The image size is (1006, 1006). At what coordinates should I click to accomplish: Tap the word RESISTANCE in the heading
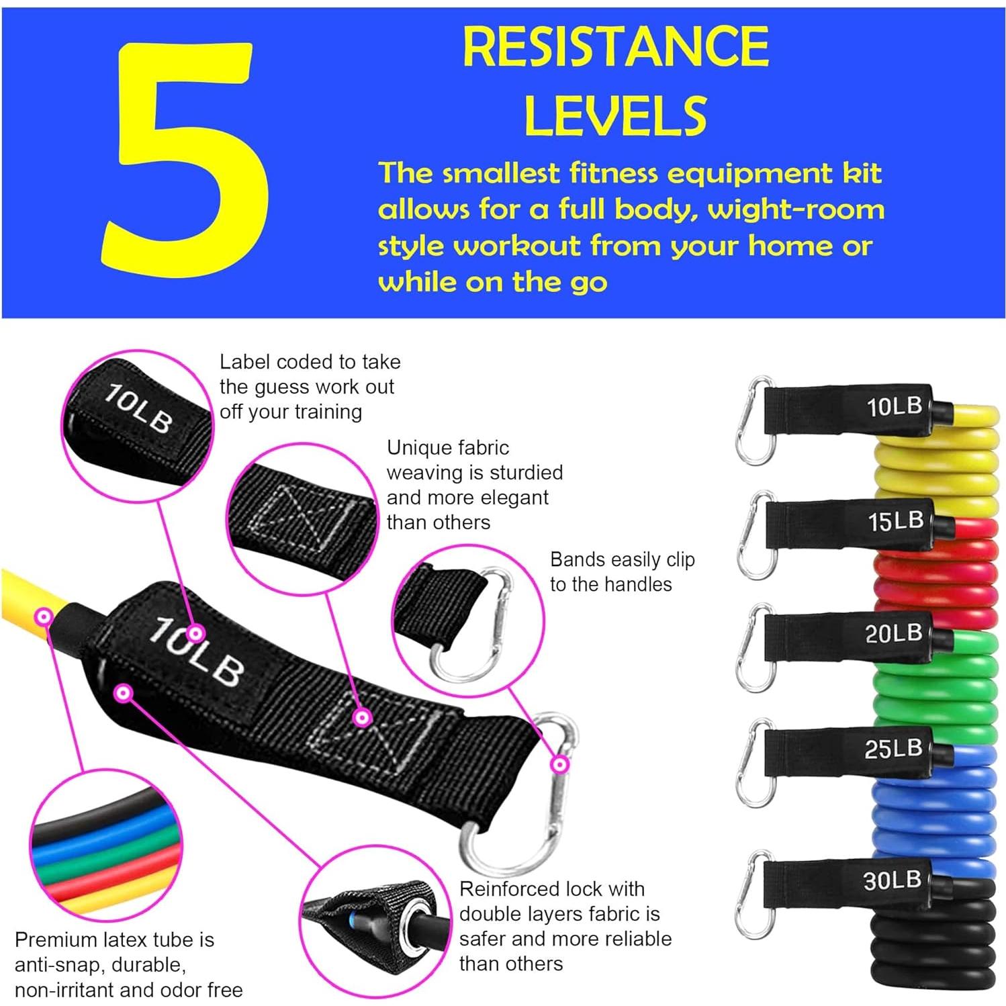(x=615, y=46)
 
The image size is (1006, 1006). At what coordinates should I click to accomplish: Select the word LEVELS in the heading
(x=615, y=116)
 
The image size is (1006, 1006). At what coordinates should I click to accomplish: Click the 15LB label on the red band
(x=895, y=521)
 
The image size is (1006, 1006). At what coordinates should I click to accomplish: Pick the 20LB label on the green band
(x=893, y=633)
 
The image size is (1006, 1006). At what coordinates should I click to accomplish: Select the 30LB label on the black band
(x=892, y=880)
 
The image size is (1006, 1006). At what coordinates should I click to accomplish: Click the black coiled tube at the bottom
(x=933, y=940)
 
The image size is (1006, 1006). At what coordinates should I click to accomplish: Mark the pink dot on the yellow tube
(x=44, y=616)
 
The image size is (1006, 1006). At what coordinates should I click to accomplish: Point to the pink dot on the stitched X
(x=362, y=718)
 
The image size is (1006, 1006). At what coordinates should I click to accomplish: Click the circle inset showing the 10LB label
(x=137, y=425)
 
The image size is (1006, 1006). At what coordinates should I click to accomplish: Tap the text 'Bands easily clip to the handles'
(x=621, y=571)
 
